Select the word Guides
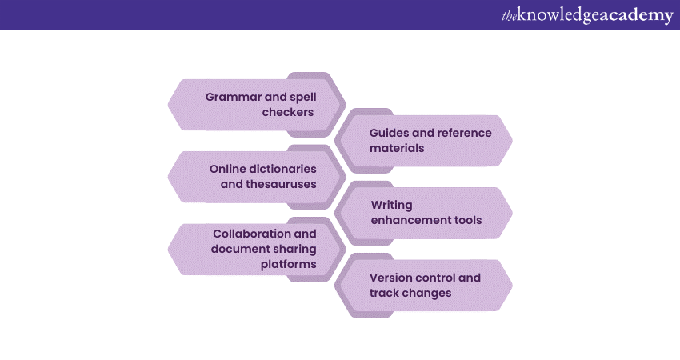coord(390,133)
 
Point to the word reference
coord(463,133)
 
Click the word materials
coord(397,148)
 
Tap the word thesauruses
coord(277,184)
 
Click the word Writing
coord(391,205)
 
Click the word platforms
coord(289,264)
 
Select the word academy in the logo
coord(636,16)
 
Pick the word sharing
coord(293,249)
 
